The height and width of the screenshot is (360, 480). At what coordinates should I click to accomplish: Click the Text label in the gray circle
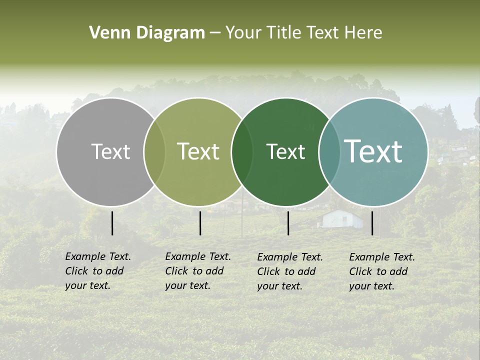(x=110, y=151)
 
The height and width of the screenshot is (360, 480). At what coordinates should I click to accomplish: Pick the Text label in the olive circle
(x=198, y=151)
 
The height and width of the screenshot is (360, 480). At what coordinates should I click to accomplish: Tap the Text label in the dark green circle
(x=285, y=151)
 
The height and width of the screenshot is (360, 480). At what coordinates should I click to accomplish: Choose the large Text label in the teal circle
(x=373, y=151)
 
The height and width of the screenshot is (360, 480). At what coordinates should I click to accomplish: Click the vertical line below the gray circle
(x=112, y=223)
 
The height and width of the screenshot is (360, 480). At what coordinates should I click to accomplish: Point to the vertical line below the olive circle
(x=200, y=223)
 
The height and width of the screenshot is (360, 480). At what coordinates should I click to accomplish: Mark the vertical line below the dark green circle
(x=288, y=223)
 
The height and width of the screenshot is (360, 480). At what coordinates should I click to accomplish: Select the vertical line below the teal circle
(x=372, y=223)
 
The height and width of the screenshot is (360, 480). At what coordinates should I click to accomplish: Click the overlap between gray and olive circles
(x=154, y=152)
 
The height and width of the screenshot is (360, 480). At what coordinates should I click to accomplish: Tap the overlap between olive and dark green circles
(x=242, y=152)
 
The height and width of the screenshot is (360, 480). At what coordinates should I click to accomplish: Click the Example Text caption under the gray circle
(x=97, y=271)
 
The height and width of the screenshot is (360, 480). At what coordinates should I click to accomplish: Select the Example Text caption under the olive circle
(x=197, y=271)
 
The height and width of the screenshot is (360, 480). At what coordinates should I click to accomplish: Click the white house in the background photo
(x=341, y=219)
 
